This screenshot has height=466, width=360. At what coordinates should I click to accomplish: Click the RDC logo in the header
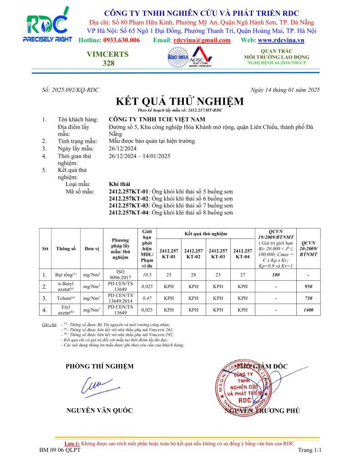(47, 26)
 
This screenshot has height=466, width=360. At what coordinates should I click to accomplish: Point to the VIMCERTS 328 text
(108, 59)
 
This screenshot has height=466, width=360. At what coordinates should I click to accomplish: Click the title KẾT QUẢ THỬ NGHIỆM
(179, 101)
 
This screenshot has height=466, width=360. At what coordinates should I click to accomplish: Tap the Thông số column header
(66, 248)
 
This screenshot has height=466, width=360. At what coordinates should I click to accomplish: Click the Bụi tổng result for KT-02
(193, 275)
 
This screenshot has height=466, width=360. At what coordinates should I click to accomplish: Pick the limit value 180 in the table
(276, 275)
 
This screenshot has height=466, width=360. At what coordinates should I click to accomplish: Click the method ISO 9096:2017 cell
(121, 274)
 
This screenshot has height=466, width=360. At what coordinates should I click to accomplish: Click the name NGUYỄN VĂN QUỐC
(100, 410)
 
